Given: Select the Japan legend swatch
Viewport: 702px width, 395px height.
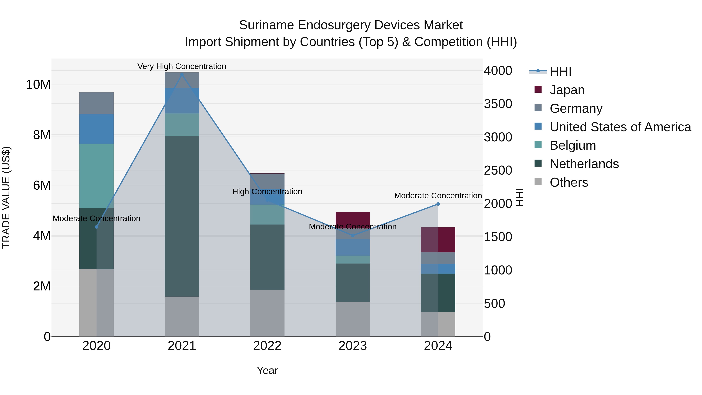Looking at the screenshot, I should tap(538, 89).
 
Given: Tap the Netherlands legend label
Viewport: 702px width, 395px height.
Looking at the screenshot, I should tap(584, 164).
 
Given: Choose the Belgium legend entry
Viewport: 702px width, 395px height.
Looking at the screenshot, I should tap(573, 145).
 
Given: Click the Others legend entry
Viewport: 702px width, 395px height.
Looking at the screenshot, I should tap(569, 182).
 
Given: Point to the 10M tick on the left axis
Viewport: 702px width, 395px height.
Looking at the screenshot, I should tap(38, 84).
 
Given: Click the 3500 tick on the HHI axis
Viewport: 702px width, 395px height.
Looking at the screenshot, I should tap(498, 104).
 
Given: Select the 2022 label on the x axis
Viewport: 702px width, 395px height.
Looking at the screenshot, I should tap(267, 346).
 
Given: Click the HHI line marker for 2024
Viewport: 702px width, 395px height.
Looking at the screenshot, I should tap(438, 204).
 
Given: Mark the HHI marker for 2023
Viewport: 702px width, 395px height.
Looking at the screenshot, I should tap(353, 235).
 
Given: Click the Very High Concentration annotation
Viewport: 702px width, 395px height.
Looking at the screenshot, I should tap(182, 66).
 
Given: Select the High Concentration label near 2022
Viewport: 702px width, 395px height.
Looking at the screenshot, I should tap(267, 192).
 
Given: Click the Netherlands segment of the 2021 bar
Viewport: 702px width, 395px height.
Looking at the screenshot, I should tap(182, 216).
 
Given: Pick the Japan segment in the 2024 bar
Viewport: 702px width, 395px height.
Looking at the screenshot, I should tap(438, 240).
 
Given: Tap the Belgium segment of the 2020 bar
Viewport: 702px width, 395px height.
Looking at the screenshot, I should tap(97, 176).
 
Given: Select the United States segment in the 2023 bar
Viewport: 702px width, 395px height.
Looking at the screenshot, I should tap(353, 247).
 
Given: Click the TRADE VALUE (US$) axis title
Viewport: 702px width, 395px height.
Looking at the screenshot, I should tap(6, 197).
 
